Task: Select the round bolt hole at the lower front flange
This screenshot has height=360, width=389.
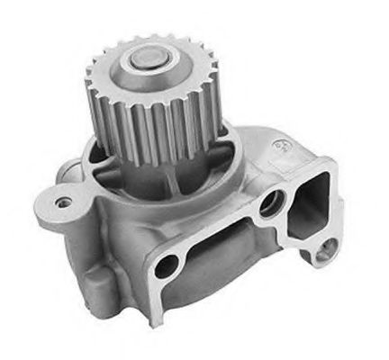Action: tap(166, 265)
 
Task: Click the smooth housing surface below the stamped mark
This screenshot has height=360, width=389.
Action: tap(270, 171)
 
